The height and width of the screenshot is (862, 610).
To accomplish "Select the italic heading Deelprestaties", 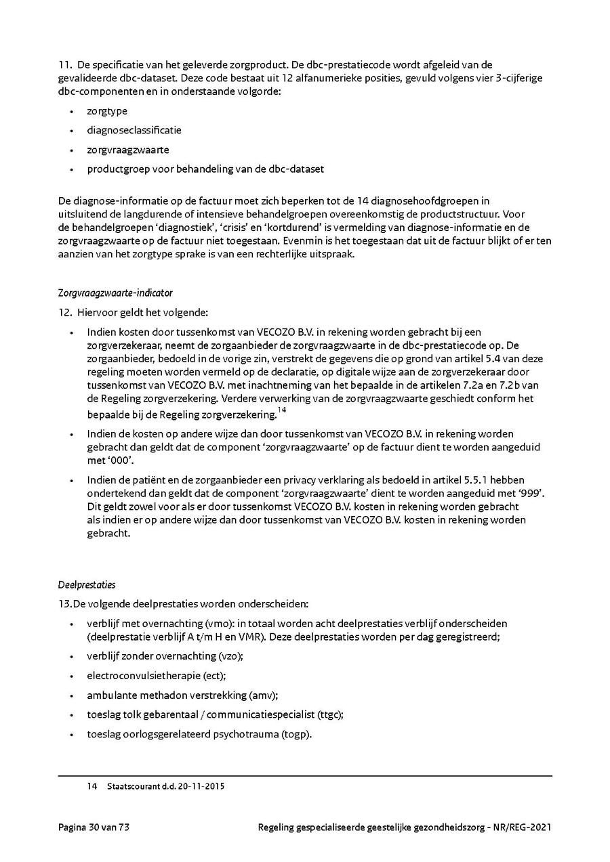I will [x=87, y=584].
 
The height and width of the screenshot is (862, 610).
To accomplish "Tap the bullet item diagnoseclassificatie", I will [x=134, y=130].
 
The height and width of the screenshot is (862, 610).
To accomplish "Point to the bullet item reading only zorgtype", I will [x=107, y=111].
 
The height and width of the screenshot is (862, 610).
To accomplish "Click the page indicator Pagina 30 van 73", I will [x=93, y=827].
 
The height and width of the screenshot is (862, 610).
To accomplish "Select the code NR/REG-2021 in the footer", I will [x=521, y=827].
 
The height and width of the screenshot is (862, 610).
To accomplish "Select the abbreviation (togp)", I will [x=296, y=734].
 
